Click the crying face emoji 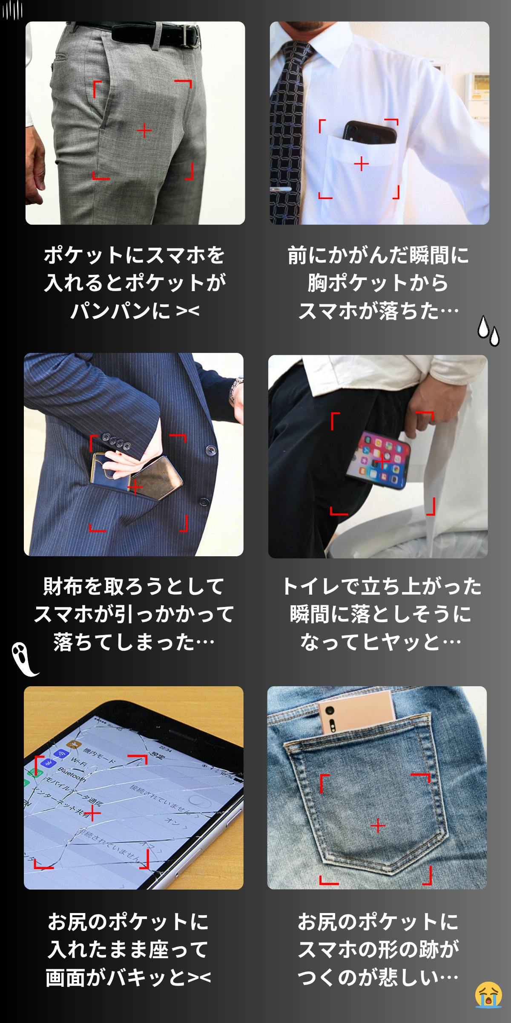488,994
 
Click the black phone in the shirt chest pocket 370,131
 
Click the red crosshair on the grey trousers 144,130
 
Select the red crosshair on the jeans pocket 378,826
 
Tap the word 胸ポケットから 378,283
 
